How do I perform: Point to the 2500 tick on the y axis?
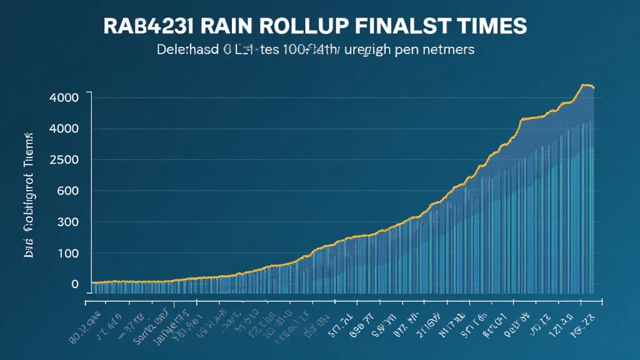(66, 159)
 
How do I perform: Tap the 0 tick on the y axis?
(75, 284)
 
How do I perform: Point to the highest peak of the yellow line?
(586, 85)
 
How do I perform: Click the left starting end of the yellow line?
(92, 283)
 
